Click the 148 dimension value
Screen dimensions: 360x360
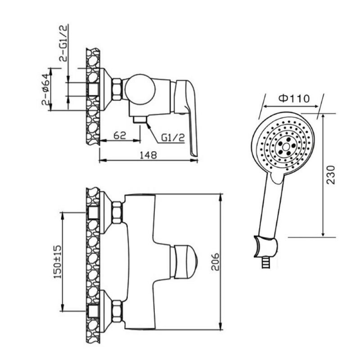click(148, 155)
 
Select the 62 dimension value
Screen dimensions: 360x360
click(120, 135)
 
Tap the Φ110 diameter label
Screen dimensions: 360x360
click(294, 99)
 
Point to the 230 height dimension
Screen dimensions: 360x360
click(331, 175)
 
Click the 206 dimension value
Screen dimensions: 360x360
click(215, 262)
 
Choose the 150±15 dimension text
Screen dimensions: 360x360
click(58, 262)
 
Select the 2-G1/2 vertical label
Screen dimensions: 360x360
click(63, 43)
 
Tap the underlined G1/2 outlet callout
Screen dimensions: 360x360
click(173, 138)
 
